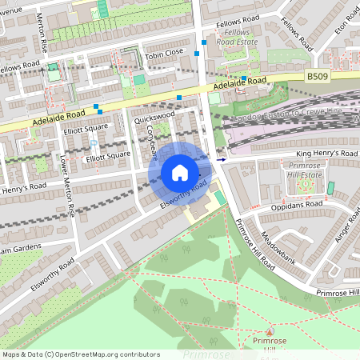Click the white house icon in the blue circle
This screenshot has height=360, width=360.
[180, 173]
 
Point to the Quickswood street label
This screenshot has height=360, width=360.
[154, 117]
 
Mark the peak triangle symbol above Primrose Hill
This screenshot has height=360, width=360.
[269, 330]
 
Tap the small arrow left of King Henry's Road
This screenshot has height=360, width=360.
[222, 159]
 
